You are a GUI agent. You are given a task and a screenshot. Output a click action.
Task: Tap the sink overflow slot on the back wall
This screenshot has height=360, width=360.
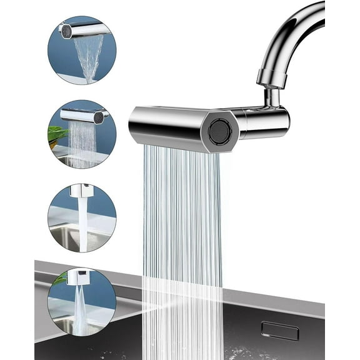[x=279, y=331]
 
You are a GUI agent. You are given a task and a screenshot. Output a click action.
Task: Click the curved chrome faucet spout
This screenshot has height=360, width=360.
[x=294, y=31]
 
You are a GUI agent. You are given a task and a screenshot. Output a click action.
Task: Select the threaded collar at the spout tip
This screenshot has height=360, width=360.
[x=271, y=78]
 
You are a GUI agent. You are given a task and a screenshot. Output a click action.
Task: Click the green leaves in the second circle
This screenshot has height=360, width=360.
[x=57, y=134]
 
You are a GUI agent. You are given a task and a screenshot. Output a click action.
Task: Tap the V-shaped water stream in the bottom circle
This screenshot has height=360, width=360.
[x=81, y=309]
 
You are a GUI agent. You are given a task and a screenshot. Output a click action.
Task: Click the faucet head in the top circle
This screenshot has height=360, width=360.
[x=81, y=29]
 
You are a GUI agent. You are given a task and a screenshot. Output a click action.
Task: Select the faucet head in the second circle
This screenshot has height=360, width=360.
[x=81, y=115]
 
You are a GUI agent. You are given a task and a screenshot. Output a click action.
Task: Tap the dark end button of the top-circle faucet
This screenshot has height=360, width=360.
[x=64, y=29]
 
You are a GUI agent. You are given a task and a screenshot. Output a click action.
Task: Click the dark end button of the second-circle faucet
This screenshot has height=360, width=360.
[x=97, y=116]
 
